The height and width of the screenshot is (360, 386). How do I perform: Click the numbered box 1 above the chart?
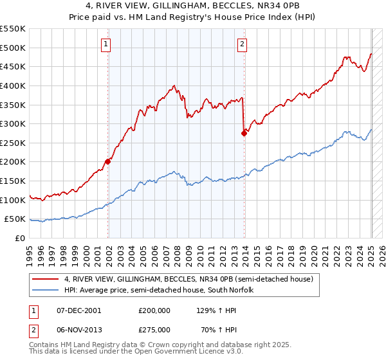[106, 44]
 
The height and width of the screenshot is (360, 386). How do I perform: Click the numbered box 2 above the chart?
[242, 44]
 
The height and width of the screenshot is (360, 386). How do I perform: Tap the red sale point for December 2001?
[108, 161]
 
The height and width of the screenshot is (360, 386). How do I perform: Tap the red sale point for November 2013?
[244, 133]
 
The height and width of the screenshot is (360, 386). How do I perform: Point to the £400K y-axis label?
[13, 85]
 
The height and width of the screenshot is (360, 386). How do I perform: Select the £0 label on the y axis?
[21, 238]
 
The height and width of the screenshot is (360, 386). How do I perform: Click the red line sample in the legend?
[45, 279]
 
